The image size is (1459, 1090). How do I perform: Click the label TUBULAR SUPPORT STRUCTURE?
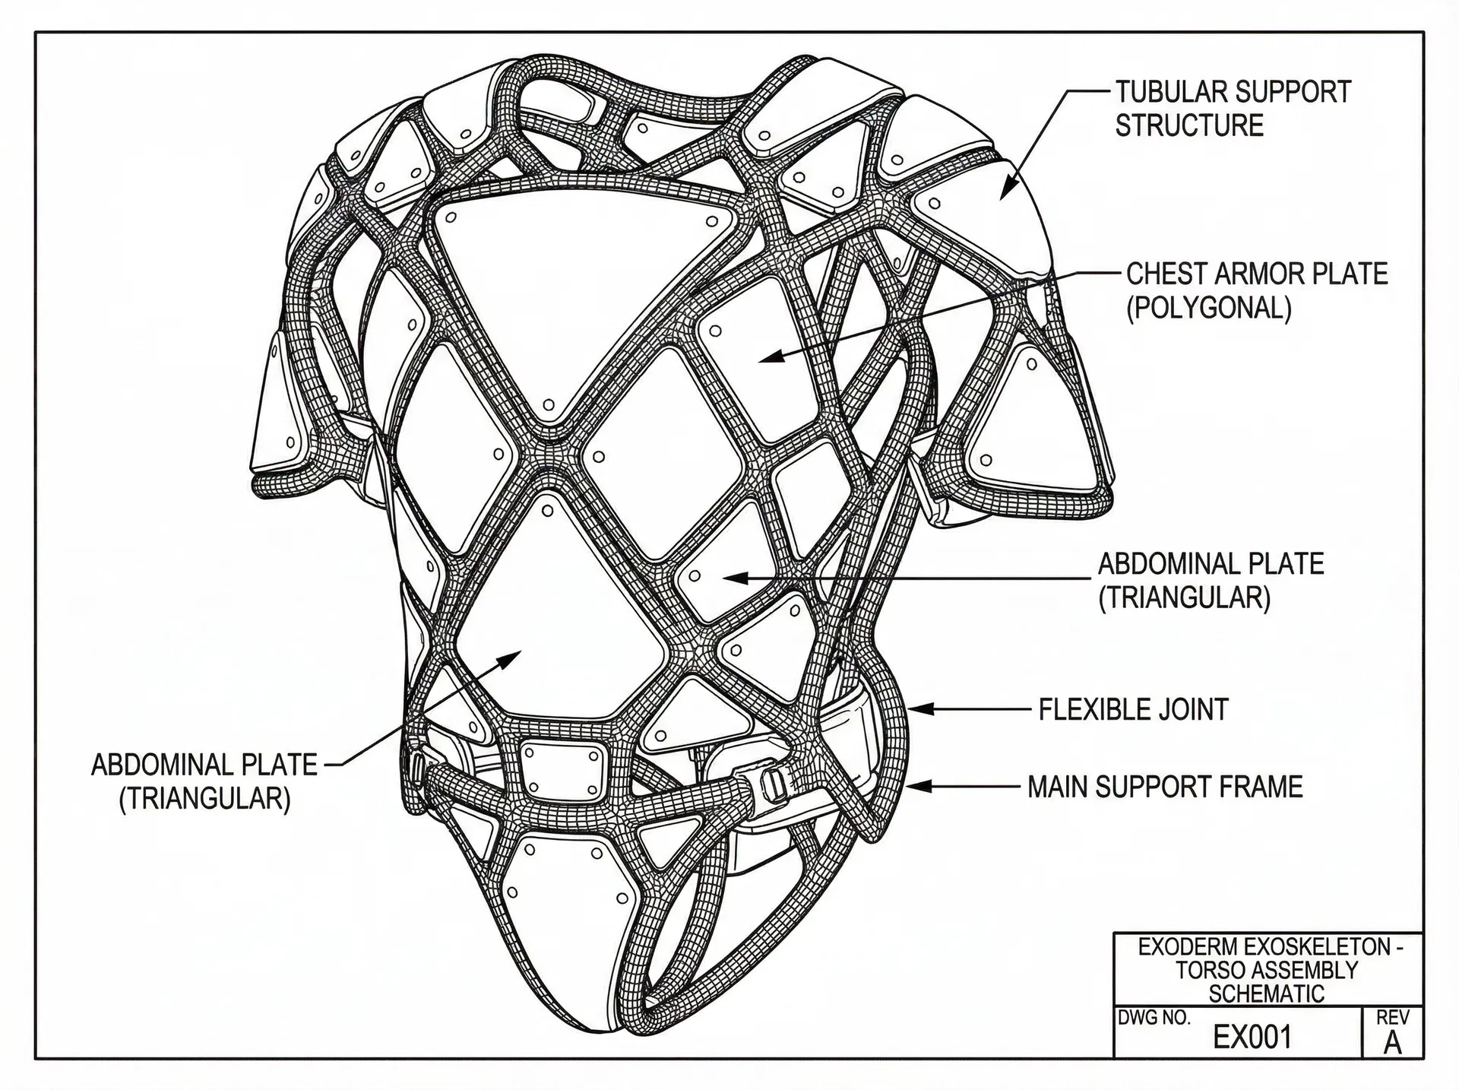(1233, 109)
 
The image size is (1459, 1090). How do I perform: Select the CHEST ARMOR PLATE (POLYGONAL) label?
(1256, 290)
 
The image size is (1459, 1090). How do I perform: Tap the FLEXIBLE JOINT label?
(1133, 710)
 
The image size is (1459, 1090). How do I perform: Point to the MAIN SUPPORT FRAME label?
(1165, 787)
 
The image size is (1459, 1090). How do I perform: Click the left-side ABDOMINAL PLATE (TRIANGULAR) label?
(204, 781)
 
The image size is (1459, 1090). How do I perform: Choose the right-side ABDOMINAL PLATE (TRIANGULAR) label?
(1211, 581)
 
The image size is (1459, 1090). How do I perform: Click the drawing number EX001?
(1252, 1037)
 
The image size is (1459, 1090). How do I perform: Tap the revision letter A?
(1392, 1044)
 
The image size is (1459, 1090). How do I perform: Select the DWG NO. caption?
(1154, 1019)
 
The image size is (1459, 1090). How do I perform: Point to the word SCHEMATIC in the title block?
(1266, 993)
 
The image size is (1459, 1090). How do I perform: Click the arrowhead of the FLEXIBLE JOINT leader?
(915, 709)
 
